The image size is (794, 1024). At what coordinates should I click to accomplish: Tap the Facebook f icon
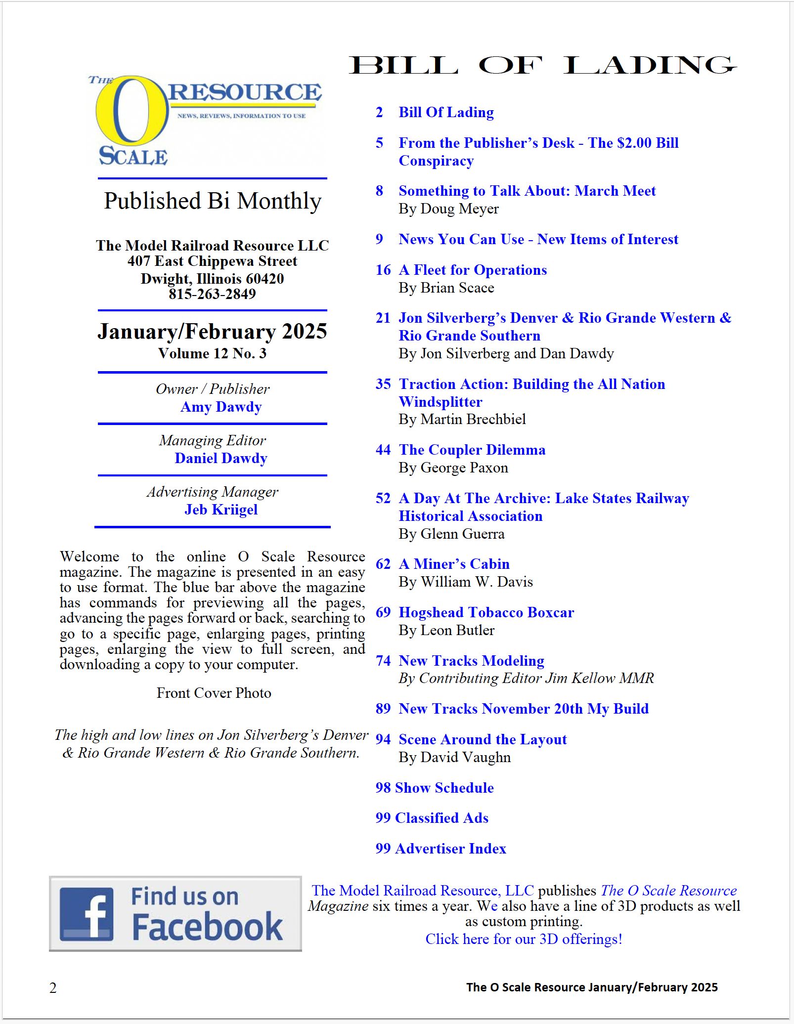(x=87, y=914)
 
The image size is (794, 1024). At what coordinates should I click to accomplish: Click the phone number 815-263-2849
(x=212, y=294)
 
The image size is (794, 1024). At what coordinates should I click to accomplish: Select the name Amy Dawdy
(x=221, y=407)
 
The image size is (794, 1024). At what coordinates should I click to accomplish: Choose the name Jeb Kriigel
(x=221, y=510)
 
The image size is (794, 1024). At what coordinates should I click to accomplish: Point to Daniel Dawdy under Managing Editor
(x=221, y=458)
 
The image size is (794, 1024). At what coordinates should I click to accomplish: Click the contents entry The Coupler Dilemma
(x=472, y=450)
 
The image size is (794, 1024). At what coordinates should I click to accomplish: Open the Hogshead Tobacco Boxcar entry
(x=486, y=612)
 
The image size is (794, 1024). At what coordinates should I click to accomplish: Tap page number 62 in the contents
(x=383, y=564)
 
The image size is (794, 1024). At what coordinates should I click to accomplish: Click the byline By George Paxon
(x=453, y=468)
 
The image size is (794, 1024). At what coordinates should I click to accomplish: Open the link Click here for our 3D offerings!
(x=524, y=939)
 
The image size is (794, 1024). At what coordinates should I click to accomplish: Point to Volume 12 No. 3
(x=212, y=353)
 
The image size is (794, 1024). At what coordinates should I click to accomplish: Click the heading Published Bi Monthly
(x=213, y=201)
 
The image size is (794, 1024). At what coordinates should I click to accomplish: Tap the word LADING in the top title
(x=649, y=66)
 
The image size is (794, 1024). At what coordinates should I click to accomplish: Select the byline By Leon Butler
(x=446, y=630)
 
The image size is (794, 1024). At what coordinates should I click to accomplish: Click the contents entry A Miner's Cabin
(x=454, y=564)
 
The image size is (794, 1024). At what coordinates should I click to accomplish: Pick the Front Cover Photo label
(x=214, y=693)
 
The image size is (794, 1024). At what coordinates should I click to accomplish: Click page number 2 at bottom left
(x=53, y=988)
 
